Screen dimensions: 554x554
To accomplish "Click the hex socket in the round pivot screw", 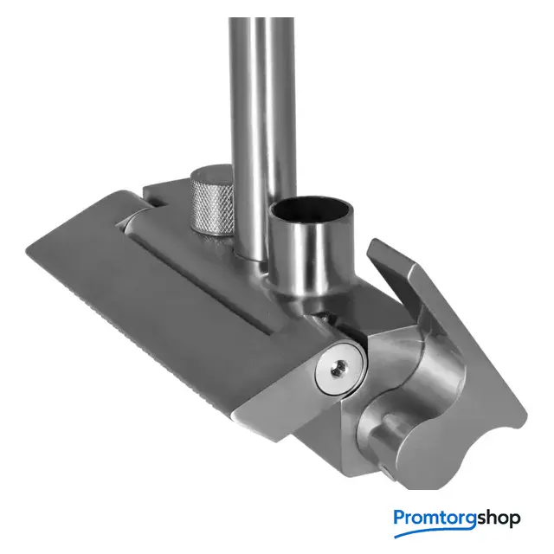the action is (x=338, y=368).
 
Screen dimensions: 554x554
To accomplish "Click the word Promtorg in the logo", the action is (x=435, y=518).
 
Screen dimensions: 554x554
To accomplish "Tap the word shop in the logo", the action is (x=499, y=518).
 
